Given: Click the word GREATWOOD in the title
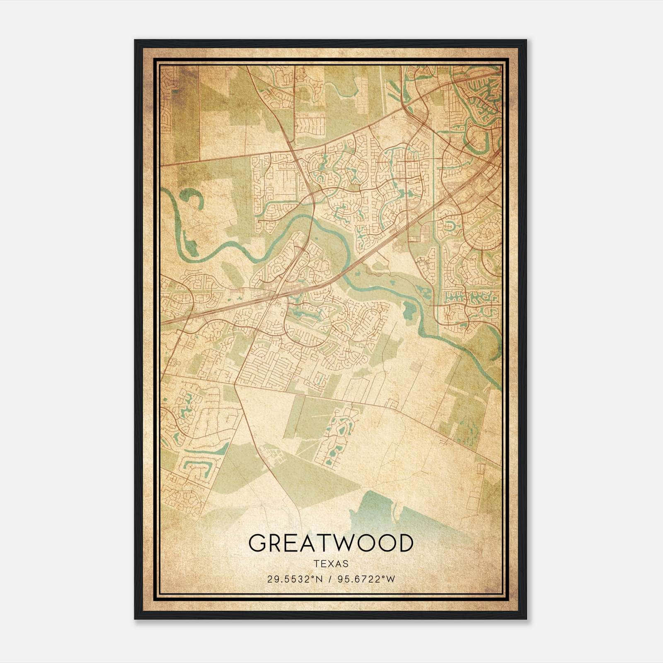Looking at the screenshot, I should pos(331,543).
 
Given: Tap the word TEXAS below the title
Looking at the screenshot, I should pos(331,564).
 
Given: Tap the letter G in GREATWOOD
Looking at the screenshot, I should pos(257,543).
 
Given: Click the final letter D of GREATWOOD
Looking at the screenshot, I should pos(404,543).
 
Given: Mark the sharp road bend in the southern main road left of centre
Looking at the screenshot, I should pos(235,385).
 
